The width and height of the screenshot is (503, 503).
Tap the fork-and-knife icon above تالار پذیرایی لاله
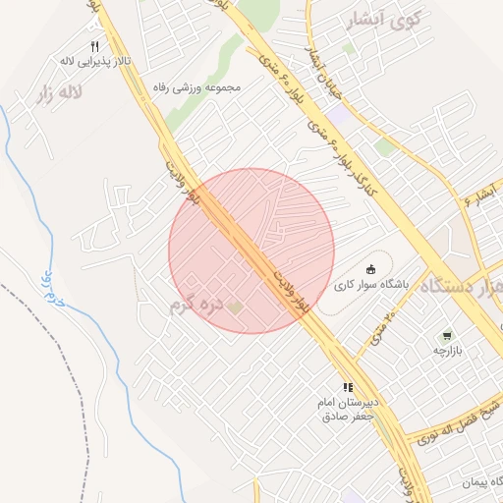pyautogui.click(x=94, y=46)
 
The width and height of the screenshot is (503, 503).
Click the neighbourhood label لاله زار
pyautogui.click(x=58, y=95)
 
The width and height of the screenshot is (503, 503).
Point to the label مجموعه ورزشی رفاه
pyautogui.click(x=197, y=86)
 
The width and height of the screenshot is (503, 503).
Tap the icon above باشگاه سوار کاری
pyautogui.click(x=370, y=269)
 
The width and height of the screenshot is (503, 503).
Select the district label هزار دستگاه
pyautogui.click(x=462, y=286)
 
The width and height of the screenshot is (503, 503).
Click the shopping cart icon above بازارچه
pyautogui.click(x=449, y=335)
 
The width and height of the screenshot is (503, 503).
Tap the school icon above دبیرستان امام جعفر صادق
pyautogui.click(x=347, y=388)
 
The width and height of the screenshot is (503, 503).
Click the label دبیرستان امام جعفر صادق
pyautogui.click(x=345, y=410)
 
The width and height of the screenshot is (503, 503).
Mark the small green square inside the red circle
pyautogui.click(x=236, y=308)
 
